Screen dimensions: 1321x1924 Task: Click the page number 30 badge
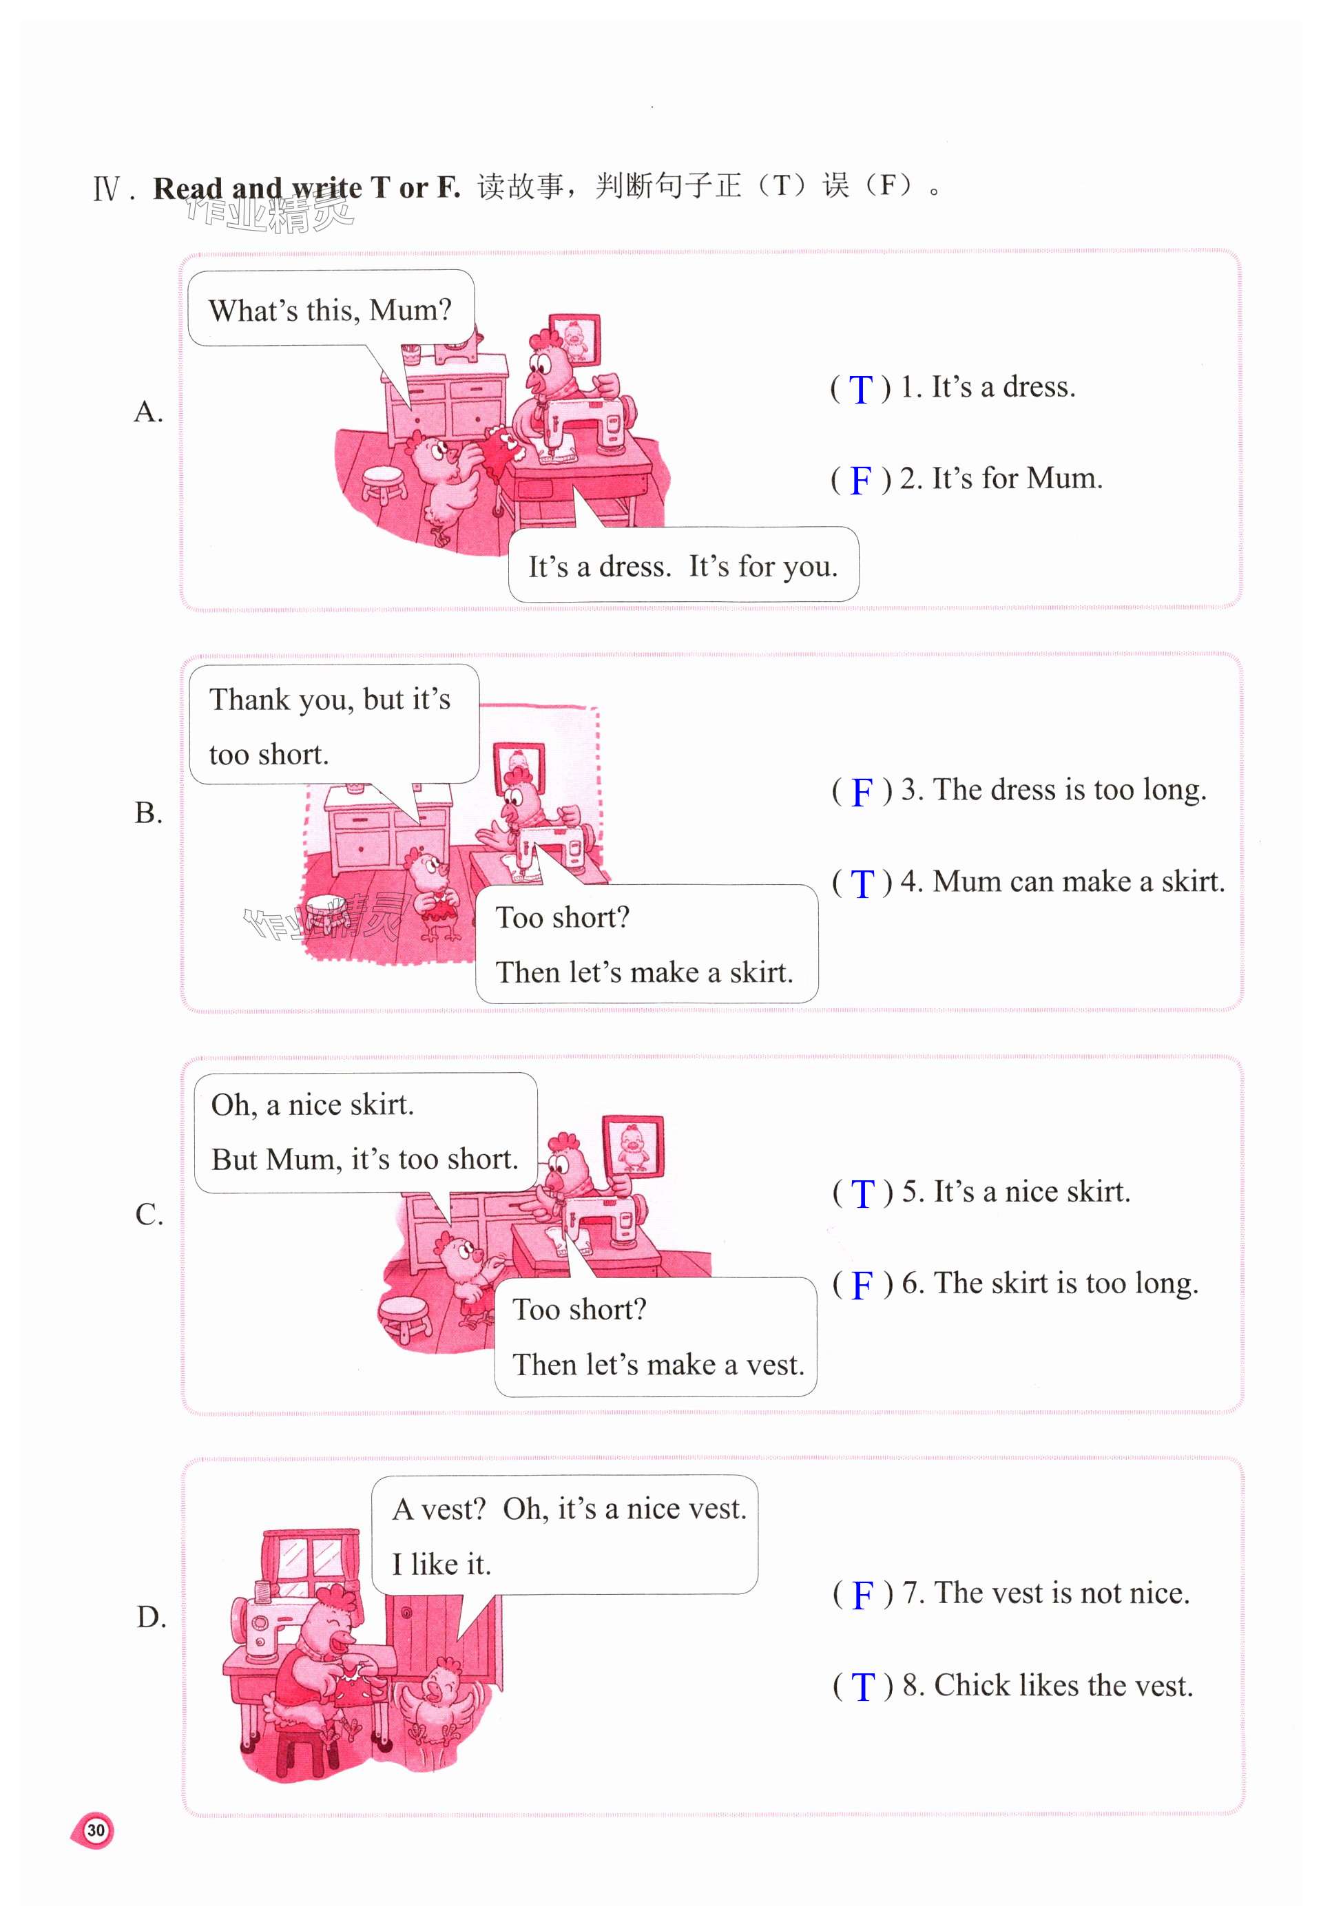click(x=94, y=1830)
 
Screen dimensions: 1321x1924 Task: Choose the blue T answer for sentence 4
click(x=862, y=883)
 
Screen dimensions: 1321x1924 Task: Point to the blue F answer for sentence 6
click(x=862, y=1285)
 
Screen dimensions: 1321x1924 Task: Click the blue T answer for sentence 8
click(x=863, y=1687)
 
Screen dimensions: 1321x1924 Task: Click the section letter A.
click(x=148, y=412)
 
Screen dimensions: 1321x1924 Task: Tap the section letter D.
click(x=151, y=1617)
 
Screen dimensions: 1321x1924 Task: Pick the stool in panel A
click(x=385, y=483)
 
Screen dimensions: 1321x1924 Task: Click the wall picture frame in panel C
click(x=632, y=1145)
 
